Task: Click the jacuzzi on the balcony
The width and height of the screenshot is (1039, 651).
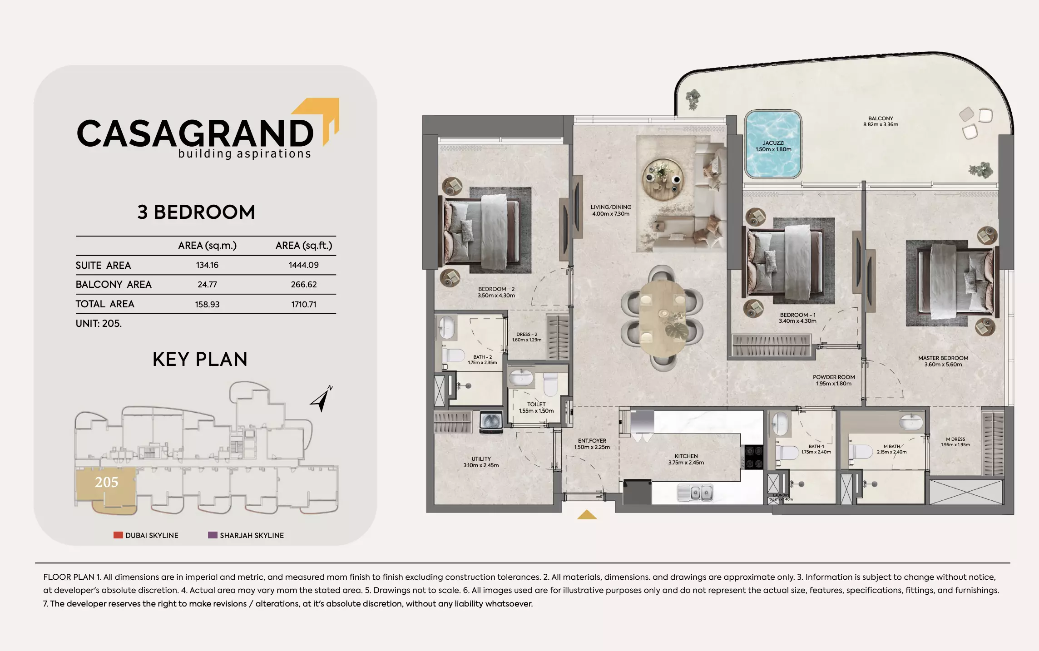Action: pos(773,144)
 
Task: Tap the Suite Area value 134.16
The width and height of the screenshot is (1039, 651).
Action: pos(207,265)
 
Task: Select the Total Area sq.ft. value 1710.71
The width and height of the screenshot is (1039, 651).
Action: pos(304,305)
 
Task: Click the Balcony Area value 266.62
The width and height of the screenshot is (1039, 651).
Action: pos(304,285)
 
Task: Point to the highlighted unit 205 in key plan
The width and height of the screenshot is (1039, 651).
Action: pos(106,483)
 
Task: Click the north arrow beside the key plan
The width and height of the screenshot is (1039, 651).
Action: pos(322,399)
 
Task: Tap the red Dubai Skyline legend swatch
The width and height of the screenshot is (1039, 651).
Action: pos(118,535)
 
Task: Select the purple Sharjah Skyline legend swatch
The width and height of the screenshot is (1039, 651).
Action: pos(213,535)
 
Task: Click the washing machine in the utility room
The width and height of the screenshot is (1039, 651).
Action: pos(491,422)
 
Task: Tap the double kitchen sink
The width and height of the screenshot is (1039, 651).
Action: pos(695,493)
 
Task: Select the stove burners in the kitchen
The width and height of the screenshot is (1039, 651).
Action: pos(754,457)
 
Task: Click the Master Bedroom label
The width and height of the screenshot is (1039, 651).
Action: pos(943,361)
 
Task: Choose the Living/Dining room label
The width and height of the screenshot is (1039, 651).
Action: pos(611,210)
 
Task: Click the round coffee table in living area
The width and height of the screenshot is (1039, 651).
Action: pos(663,180)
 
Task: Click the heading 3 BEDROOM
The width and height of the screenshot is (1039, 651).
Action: pos(196,212)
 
